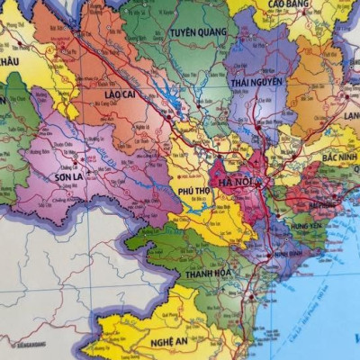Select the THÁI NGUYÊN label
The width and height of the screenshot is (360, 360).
click(x=256, y=82)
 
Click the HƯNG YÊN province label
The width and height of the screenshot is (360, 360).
click(x=308, y=227)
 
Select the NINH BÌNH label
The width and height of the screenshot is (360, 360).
click(x=293, y=254)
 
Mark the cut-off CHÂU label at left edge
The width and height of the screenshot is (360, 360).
click(x=9, y=60)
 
